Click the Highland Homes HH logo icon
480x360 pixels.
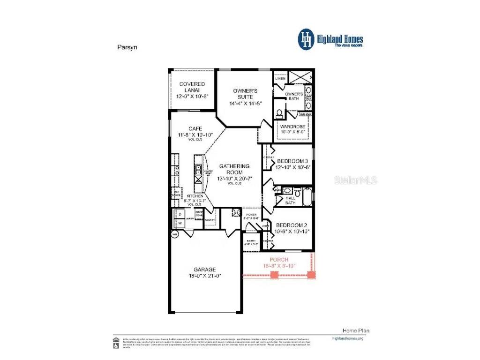[307, 39]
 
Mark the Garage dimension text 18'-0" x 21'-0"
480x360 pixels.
[205, 276]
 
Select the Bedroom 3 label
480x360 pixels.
[292, 161]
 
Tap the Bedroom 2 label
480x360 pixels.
[292, 225]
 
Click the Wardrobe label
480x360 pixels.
[292, 127]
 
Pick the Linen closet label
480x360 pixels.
[280, 79]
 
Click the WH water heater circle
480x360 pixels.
[175, 234]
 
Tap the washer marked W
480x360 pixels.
[179, 223]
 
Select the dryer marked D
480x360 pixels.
[179, 214]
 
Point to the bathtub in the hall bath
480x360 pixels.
[307, 197]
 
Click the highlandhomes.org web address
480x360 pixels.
[347, 338]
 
